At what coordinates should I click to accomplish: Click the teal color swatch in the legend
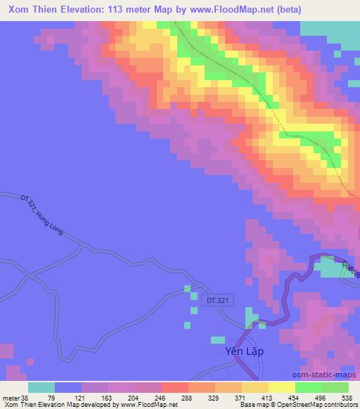click(x=41, y=387)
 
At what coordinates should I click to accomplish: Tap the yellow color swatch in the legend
click(x=281, y=387)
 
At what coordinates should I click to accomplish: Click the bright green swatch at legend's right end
click(x=335, y=387)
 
